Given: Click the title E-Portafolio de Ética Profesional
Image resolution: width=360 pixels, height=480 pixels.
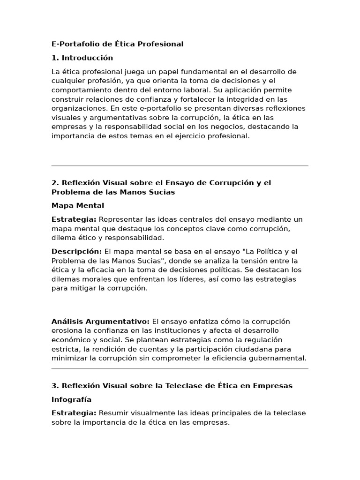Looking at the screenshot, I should [117, 44].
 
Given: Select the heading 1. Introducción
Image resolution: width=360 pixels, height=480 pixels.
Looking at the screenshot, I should [82, 58].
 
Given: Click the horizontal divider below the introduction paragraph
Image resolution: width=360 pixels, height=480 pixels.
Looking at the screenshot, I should [180, 165].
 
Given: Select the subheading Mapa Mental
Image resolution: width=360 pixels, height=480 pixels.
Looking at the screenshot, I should [77, 206].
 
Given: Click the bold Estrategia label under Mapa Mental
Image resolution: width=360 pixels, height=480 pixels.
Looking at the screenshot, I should [74, 219].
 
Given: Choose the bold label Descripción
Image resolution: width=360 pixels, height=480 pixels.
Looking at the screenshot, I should [76, 251].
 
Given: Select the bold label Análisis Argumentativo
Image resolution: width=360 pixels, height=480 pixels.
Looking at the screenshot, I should [100, 322].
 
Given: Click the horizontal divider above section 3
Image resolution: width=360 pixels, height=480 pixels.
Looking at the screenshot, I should [180, 368].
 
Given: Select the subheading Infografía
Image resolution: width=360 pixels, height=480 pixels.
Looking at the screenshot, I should [71, 400].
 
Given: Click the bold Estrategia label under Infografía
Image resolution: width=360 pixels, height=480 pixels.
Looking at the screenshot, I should [74, 413].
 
